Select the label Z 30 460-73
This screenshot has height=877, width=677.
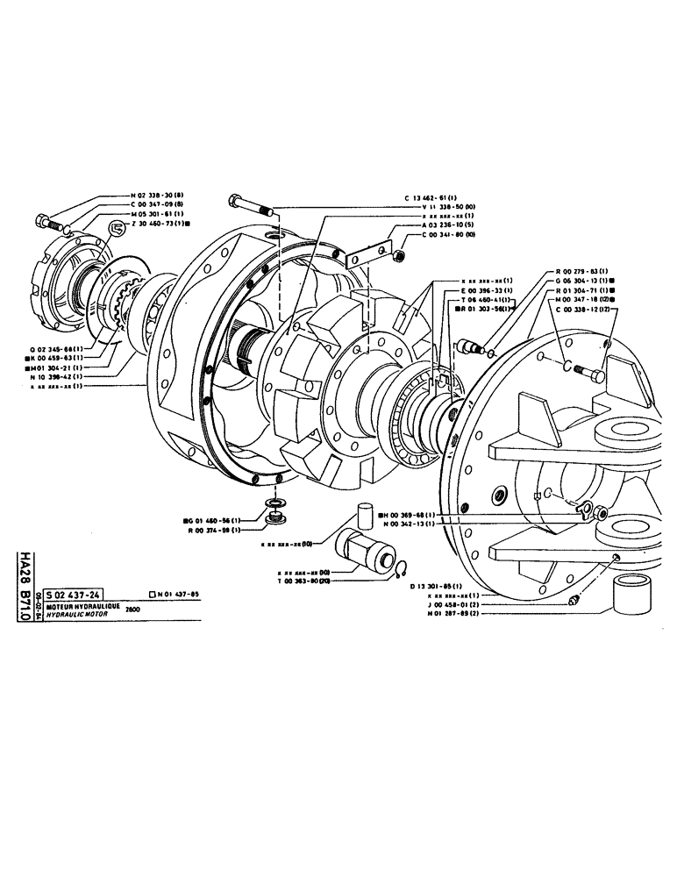(160, 224)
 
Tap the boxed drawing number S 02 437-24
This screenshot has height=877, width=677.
(77, 594)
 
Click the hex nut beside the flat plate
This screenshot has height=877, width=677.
(397, 254)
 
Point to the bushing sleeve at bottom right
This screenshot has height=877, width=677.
(631, 595)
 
